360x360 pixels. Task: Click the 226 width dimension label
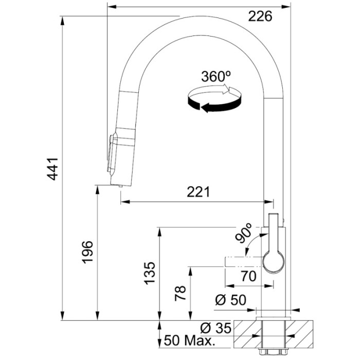[260, 17]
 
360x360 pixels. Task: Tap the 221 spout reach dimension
[198, 192]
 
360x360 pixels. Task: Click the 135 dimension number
[149, 274]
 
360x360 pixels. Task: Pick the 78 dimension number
[179, 293]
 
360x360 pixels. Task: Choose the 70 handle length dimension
[248, 276]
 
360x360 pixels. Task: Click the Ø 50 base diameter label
[231, 300]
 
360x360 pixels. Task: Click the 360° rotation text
[215, 77]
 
